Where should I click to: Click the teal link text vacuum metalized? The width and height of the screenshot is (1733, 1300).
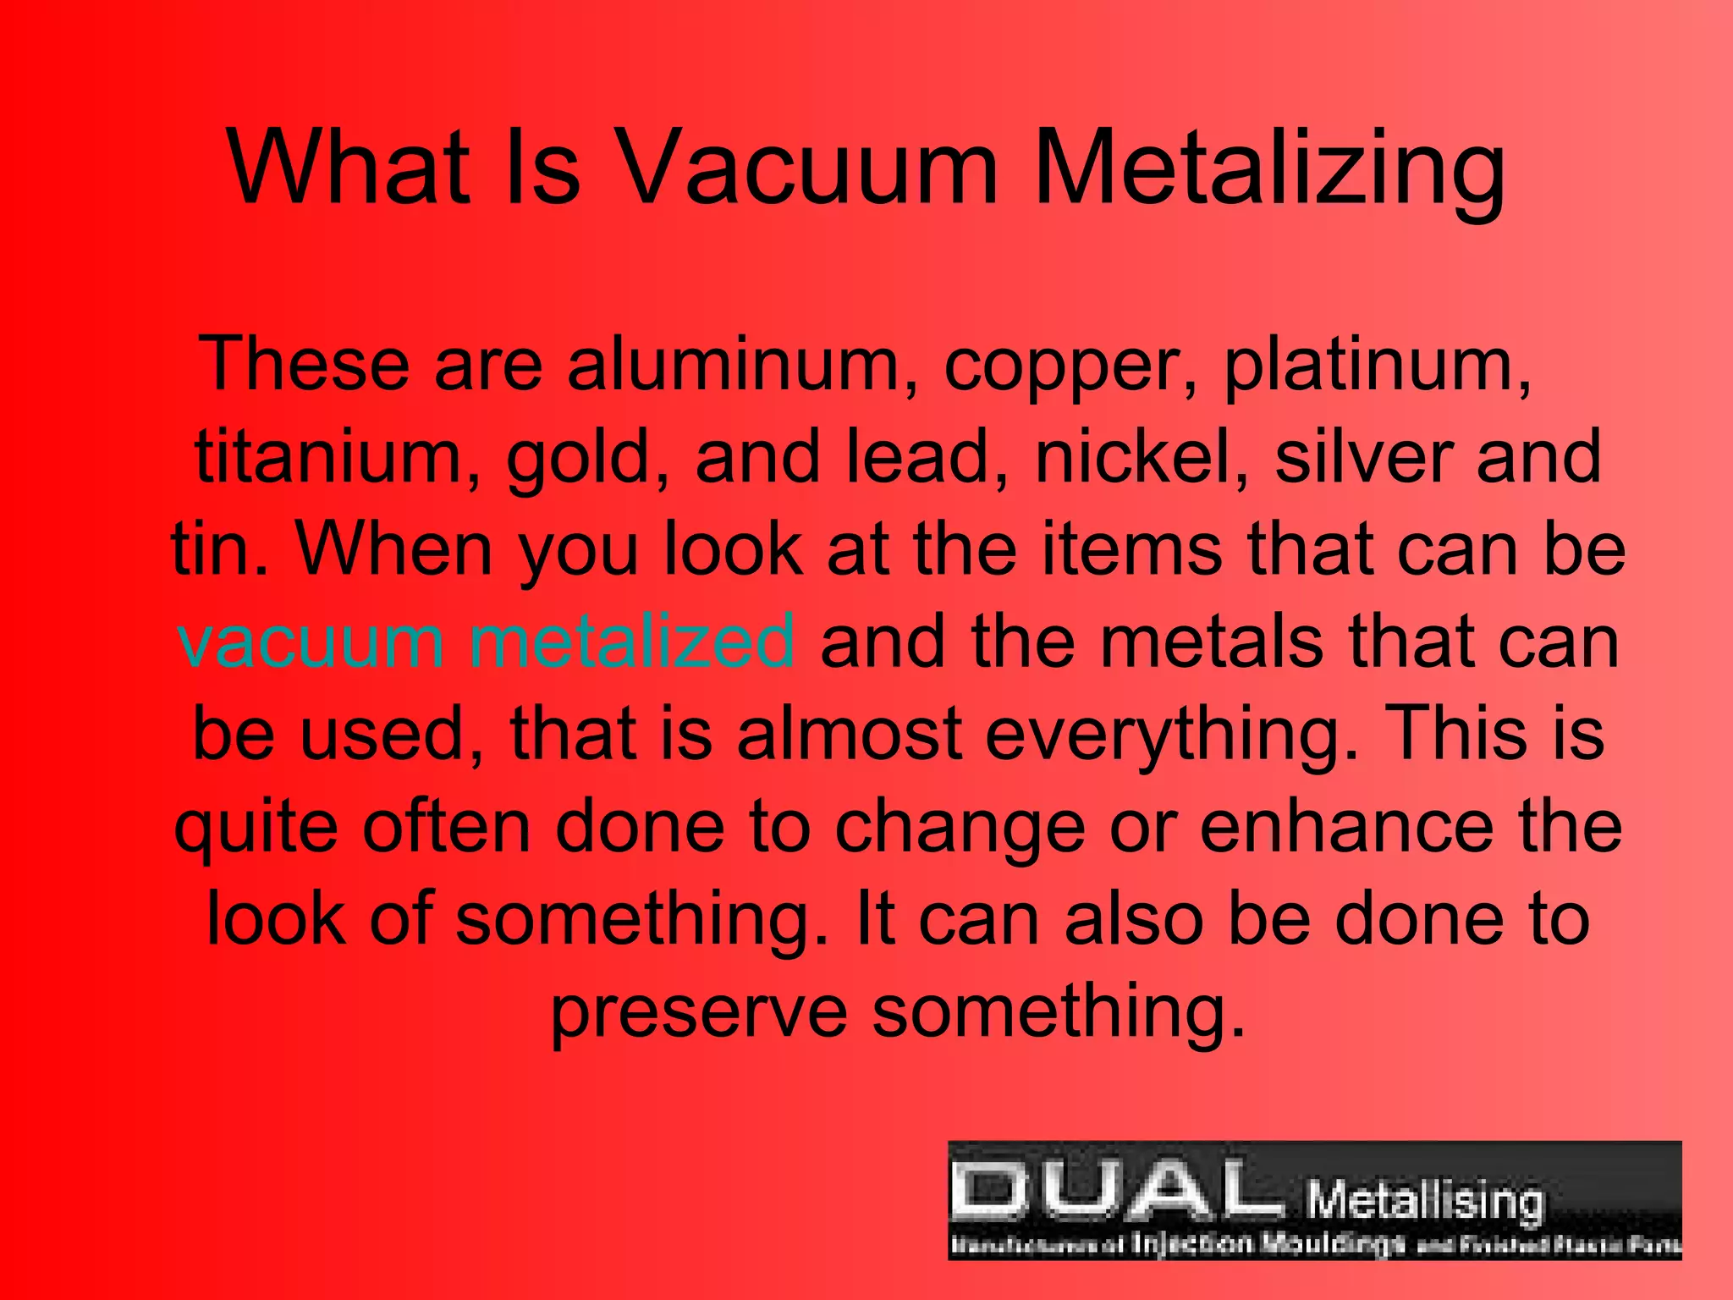pyautogui.click(x=486, y=641)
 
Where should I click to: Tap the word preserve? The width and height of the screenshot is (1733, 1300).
pyautogui.click(x=699, y=1014)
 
